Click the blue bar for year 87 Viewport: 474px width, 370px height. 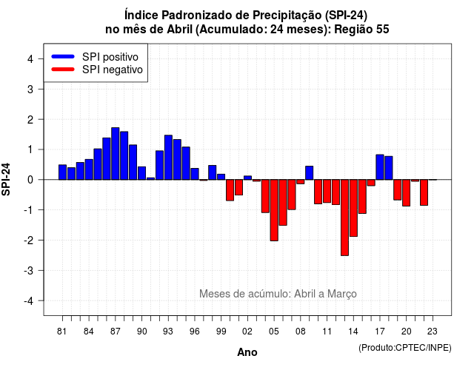116,154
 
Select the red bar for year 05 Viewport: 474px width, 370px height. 274,210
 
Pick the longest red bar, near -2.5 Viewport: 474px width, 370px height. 344,218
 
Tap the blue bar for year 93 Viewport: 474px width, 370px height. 168,158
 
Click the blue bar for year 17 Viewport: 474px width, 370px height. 380,167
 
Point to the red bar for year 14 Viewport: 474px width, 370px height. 353,208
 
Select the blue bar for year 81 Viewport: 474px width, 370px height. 62,172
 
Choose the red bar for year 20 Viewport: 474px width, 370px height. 407,193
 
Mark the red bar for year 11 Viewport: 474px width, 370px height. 327,191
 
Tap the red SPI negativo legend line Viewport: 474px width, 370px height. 63,70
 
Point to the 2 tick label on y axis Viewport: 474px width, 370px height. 30,120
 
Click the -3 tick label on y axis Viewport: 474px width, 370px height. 29,271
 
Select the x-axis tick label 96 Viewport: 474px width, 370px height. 195,332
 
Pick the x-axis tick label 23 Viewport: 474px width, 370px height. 433,332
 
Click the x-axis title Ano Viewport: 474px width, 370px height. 247,352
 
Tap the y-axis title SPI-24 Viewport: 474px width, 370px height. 6,179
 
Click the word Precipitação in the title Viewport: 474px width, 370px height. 287,15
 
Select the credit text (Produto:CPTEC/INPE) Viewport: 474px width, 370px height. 405,348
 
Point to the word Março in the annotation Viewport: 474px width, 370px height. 342,294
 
